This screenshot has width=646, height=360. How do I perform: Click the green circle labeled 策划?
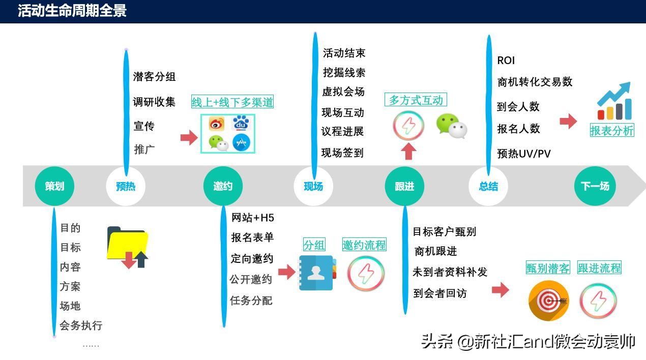tap(54, 186)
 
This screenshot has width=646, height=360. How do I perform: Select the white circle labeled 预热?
tap(126, 186)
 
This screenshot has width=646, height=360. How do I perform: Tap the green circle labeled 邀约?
tap(223, 186)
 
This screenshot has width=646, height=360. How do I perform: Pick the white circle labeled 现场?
tap(313, 186)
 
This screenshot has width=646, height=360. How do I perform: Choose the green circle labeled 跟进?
tap(404, 186)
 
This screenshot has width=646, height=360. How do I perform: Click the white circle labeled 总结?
tap(488, 186)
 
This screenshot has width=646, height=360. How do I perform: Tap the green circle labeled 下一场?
tap(595, 186)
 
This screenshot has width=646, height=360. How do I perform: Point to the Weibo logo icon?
tap(217, 124)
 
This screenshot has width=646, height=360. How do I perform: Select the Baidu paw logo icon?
tap(241, 124)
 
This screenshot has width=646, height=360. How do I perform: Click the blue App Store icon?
tap(241, 142)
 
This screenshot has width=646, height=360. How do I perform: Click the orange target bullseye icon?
tap(548, 301)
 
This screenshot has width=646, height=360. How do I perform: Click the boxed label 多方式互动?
tap(416, 100)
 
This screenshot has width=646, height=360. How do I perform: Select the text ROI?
tap(506, 61)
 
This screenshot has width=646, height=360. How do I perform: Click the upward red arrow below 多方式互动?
tap(408, 151)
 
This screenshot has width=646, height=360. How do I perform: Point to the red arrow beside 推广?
tap(189, 137)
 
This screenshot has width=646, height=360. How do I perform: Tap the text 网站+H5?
tap(252, 218)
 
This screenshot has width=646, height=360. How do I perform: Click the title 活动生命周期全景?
tap(72, 11)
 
